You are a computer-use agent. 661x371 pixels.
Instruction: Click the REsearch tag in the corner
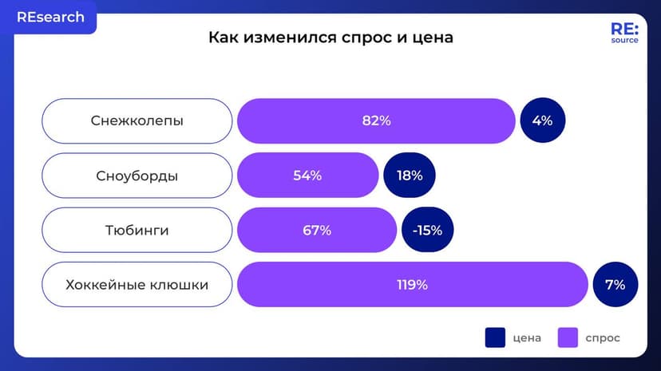coord(49,18)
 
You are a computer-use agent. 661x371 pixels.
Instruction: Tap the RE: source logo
coord(624,33)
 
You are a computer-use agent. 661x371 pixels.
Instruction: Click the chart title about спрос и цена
coord(330,37)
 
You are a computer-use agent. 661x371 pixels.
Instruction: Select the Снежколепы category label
coord(137,121)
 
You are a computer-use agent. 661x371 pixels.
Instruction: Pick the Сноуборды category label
coord(137,176)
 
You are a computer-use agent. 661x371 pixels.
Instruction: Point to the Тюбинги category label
coord(137,231)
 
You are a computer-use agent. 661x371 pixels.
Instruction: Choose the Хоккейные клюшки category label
coord(137,284)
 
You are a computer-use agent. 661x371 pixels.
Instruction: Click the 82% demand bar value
coord(376,121)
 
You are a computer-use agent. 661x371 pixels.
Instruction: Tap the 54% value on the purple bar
coord(307,176)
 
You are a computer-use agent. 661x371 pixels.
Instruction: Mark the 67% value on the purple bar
coord(317,231)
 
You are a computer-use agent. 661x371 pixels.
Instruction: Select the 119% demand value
coord(413,284)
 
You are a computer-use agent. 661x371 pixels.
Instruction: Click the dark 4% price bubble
coord(542,121)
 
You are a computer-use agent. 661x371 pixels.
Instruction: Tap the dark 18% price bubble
coord(410,176)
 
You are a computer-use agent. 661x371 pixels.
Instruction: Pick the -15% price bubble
coord(427,231)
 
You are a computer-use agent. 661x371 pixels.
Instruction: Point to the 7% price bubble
coord(615,284)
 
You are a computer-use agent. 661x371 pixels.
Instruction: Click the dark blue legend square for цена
coord(495,337)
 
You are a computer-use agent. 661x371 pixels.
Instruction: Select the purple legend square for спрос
coord(568,337)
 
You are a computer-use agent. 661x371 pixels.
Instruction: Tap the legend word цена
coord(528,337)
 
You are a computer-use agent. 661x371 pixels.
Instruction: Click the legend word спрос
coord(603,337)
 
